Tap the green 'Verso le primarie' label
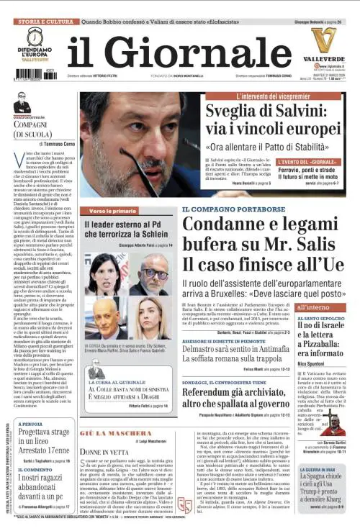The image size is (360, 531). coord(113,211)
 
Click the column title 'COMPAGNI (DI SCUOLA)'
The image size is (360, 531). coord(40,130)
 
